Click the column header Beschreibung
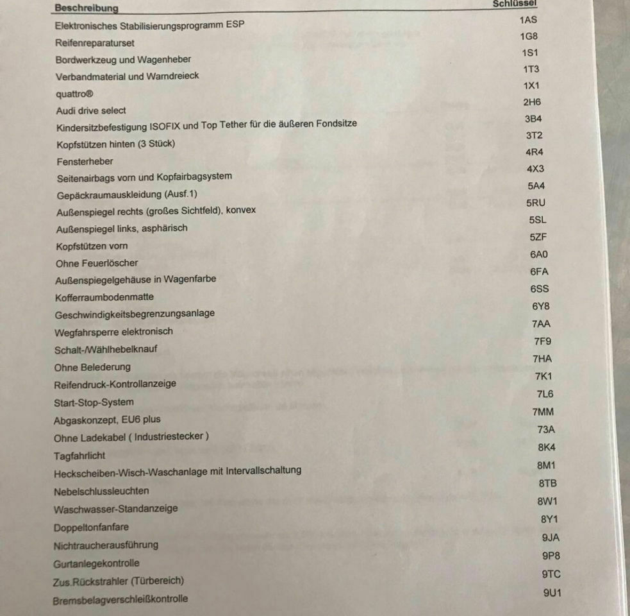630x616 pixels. coord(87,8)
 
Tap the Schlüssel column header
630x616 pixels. coord(515,4)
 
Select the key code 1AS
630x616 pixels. coord(529,21)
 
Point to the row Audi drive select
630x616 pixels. coord(91,110)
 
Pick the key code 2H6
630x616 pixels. coord(532,102)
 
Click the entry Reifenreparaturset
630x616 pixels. coord(95,43)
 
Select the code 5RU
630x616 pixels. coord(536,203)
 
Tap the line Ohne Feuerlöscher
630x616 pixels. coord(96,263)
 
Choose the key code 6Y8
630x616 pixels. coord(540,306)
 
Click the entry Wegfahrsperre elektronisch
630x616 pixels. coord(113,332)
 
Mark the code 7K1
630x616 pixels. coord(543,376)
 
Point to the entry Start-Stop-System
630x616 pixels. coord(94,402)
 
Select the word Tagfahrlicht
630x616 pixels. coord(79,456)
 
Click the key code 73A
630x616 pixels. coord(546,430)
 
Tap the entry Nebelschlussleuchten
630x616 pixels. coord(101,491)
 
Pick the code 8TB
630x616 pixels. coord(547,483)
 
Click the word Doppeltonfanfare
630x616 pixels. coord(91,527)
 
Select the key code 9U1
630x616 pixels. coord(552,593)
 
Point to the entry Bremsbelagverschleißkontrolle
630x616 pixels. coord(120,599)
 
